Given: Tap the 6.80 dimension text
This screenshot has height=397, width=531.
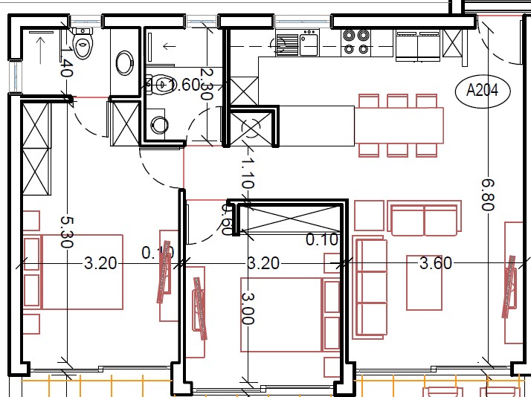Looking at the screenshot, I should click(487, 194).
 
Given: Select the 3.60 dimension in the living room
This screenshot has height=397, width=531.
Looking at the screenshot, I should click(436, 262).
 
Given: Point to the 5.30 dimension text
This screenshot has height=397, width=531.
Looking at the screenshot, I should click(68, 233).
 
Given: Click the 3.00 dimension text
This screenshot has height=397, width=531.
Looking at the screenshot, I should click(248, 309).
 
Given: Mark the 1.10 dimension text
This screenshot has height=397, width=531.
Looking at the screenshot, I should click(248, 172).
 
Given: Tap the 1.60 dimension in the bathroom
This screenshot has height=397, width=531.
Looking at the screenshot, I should click(184, 85).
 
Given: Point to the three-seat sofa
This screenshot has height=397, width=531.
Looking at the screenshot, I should click(371, 286).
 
